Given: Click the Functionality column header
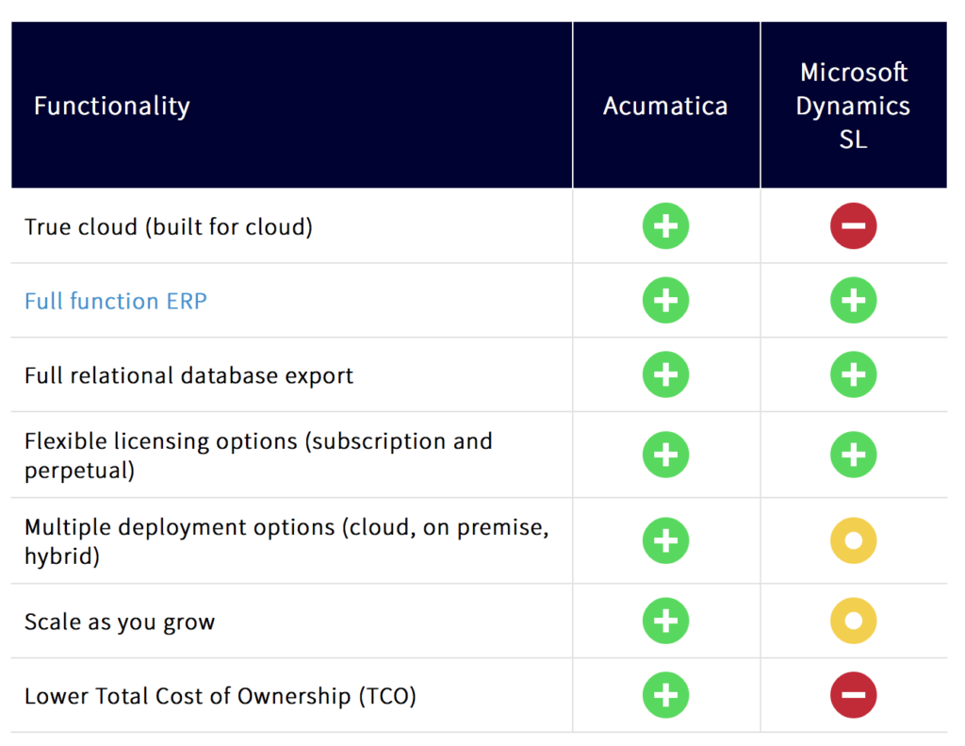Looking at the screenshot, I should pos(111,106).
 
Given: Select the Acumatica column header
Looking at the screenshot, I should pos(665,106).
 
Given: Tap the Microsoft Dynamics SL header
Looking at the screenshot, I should pos(853,106).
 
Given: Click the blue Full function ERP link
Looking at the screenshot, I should pos(116,301).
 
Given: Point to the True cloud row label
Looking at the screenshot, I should pos(168,226).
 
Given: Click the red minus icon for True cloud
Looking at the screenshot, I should pos(853,226).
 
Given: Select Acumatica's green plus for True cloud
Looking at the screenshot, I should pos(665,226).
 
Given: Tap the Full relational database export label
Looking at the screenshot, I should pos(188,375).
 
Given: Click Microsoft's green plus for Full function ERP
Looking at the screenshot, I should pos(853,301).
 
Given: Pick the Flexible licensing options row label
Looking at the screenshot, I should pos(257,455).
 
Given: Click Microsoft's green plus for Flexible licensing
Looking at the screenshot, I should pos(853,455).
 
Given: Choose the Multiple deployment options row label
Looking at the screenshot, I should pos(286,540).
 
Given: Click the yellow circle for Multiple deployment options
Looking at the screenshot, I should pos(853,540).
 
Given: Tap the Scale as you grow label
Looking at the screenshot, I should pos(120,622).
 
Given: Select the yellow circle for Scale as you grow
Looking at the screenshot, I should pos(853,622).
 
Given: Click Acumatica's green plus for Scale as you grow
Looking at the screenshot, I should pos(665,622).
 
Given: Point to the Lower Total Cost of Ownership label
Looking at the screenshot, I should pos(220,696).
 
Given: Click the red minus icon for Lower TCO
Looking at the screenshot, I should pos(853,696).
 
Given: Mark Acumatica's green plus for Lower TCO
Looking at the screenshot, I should pos(665,696).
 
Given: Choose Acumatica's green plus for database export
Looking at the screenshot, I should pos(665,375).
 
